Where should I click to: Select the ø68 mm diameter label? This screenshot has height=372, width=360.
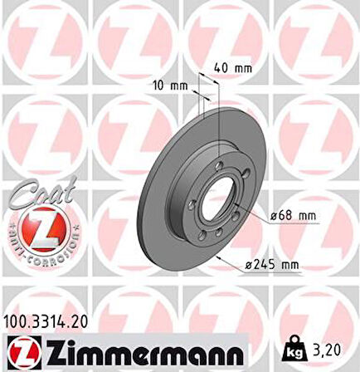point(293,217)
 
